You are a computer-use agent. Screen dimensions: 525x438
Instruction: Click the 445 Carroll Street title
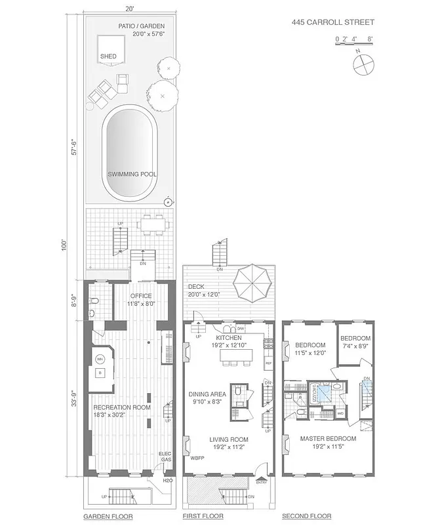pyautogui.click(x=333, y=22)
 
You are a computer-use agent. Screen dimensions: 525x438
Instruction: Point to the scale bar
pyautogui.click(x=354, y=40)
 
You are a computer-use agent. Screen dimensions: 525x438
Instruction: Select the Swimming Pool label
pyautogui.click(x=130, y=175)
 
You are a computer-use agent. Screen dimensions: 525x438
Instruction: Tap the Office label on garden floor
pyautogui.click(x=140, y=296)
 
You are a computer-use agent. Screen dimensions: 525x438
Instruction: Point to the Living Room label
pyautogui.click(x=228, y=440)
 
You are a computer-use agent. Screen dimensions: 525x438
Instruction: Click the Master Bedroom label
pyautogui.click(x=328, y=438)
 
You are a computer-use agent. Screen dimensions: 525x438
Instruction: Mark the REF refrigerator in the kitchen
pyautogui.click(x=268, y=362)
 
